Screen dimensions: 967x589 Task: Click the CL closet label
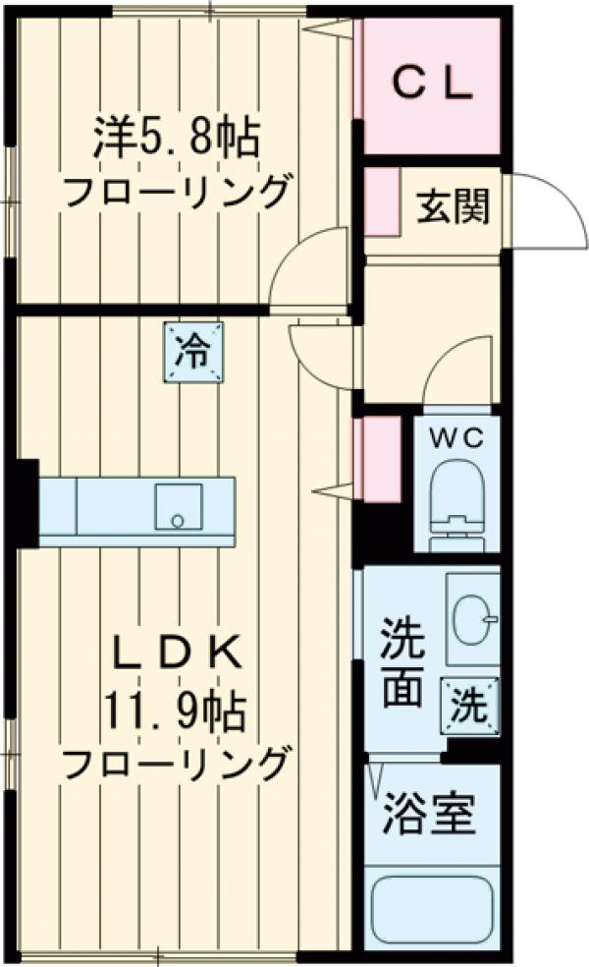(x=432, y=85)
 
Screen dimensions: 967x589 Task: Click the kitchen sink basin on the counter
(x=178, y=507)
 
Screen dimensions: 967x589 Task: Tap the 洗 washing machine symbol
(x=470, y=706)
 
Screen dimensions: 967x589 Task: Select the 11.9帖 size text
(x=177, y=708)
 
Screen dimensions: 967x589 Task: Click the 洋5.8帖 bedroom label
(x=177, y=139)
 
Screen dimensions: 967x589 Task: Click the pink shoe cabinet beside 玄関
(x=383, y=202)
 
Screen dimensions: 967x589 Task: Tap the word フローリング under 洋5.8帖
(x=177, y=191)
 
